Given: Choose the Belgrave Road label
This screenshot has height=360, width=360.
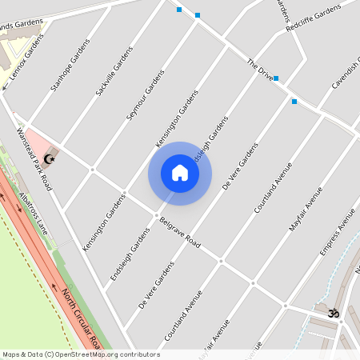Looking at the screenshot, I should click(179, 230).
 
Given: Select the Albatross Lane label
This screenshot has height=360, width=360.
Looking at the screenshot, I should click(34, 214).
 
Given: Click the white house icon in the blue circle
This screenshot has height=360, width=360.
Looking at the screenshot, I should click(180, 173).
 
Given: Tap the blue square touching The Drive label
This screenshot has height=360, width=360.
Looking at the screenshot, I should click(276, 78).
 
